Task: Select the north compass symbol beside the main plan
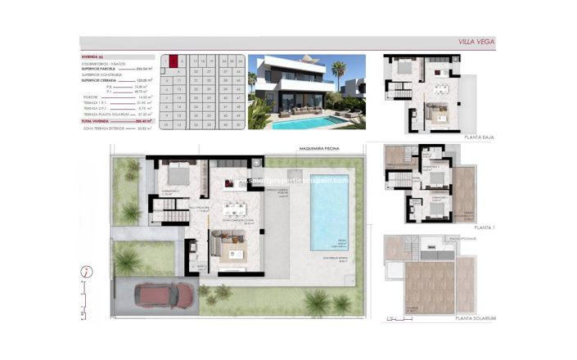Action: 86,274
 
